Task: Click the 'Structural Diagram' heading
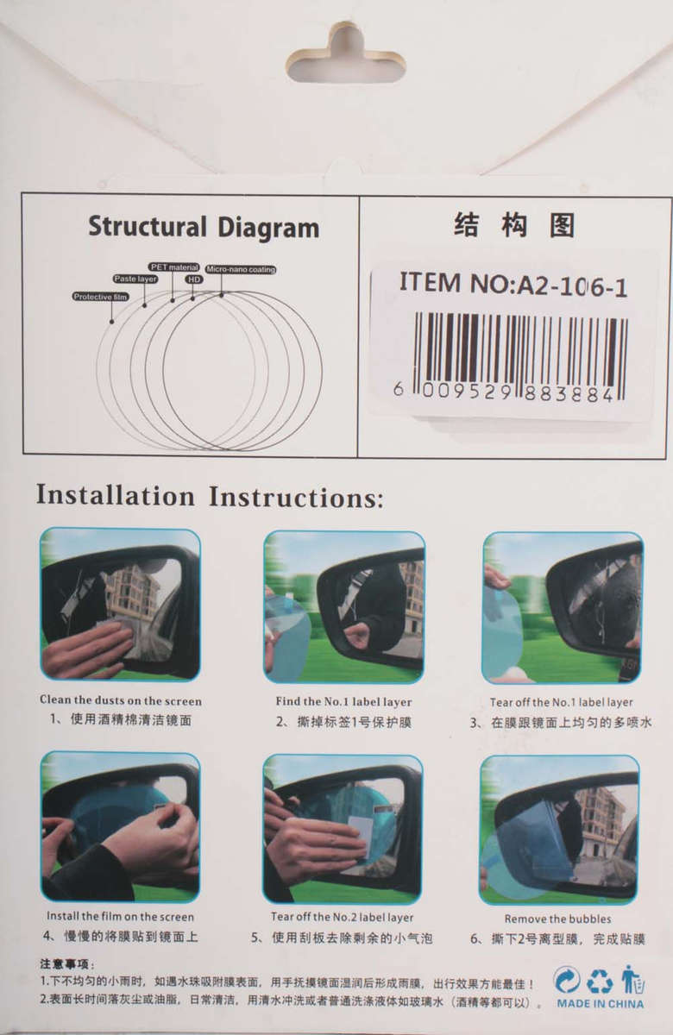click(204, 228)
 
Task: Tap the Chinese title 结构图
click(513, 226)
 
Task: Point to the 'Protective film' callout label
click(101, 297)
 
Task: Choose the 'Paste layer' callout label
click(135, 279)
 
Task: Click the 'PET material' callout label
click(174, 267)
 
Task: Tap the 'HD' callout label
click(194, 279)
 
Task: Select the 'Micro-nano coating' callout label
click(242, 270)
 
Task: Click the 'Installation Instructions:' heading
click(210, 497)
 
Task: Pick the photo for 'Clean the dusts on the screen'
click(120, 604)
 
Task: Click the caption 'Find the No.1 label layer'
click(343, 701)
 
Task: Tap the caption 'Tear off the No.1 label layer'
click(561, 702)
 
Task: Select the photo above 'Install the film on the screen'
click(120, 826)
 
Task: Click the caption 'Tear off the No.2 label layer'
click(342, 917)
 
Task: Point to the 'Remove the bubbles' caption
click(557, 919)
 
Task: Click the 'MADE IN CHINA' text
click(600, 1004)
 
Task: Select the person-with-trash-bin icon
click(632, 980)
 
